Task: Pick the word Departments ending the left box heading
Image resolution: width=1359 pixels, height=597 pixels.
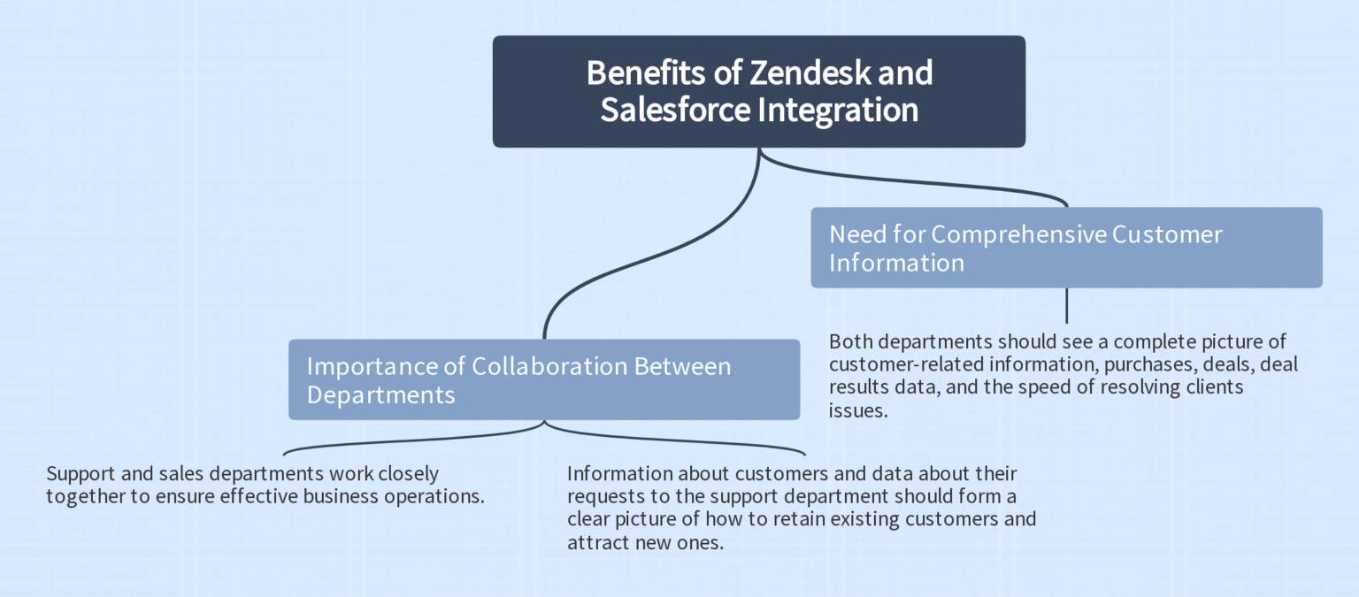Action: tap(380, 394)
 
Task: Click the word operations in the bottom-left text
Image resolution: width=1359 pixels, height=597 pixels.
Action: tap(434, 496)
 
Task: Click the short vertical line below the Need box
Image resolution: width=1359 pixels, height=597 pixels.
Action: tap(1066, 305)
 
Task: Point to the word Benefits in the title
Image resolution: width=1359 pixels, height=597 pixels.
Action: tap(650, 73)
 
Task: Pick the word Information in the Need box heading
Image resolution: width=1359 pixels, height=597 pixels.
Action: tap(896, 263)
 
